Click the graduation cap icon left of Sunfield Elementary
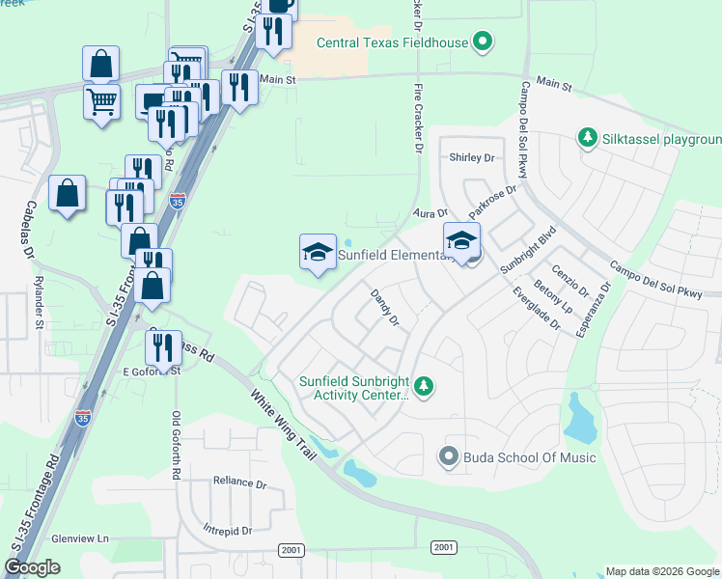pos(319,253)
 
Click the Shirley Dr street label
pos(471,156)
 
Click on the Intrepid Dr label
pos(228,530)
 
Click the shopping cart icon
pos(101,99)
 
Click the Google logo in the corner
pos(33,567)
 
